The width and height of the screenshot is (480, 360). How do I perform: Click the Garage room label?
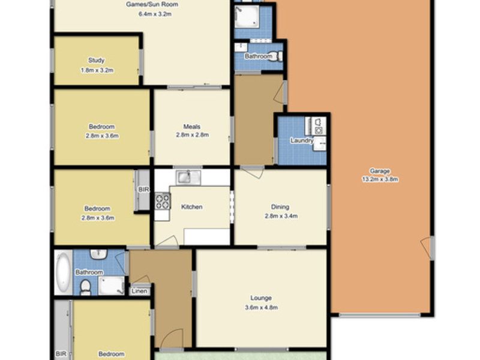tap(380, 171)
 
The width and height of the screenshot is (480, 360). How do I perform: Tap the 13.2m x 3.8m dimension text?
tap(380, 179)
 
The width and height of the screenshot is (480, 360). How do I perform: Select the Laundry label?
tap(302, 140)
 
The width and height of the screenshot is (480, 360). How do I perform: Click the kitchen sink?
tap(188, 178)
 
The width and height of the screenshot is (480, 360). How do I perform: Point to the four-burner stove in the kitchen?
tap(163, 201)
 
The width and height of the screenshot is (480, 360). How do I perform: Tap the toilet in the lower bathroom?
tap(85, 288)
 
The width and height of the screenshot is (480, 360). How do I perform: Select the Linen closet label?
tap(139, 291)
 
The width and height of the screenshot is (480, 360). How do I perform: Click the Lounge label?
tap(261, 298)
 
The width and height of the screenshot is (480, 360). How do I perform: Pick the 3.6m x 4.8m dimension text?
tap(261, 307)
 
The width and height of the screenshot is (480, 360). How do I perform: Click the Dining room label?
tap(280, 207)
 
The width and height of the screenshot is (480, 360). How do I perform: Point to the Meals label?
tap(192, 127)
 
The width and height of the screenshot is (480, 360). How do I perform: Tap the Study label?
tap(97, 61)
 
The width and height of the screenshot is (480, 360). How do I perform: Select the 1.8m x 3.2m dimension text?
tap(97, 70)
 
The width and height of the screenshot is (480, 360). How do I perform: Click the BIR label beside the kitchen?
tap(143, 190)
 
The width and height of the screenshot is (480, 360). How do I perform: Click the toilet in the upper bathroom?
tap(278, 56)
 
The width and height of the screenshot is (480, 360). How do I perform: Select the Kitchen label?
tap(191, 207)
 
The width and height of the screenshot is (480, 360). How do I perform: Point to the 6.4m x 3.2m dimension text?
tap(155, 14)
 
